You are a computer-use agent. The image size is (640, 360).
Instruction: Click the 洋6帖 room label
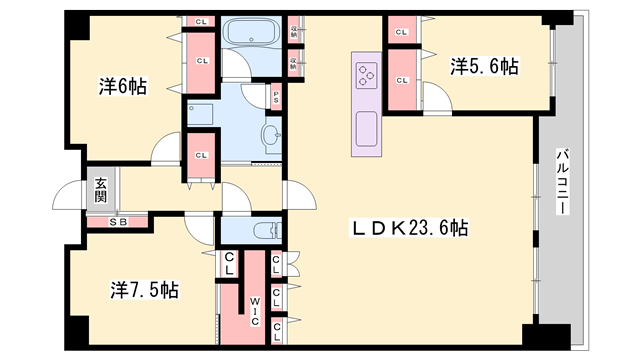[x=123, y=86]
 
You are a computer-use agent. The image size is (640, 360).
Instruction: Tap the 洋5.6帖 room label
[x=484, y=66]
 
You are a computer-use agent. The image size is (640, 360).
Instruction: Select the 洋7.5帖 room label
[x=144, y=290]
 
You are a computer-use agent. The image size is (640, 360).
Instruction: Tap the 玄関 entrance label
[x=102, y=190]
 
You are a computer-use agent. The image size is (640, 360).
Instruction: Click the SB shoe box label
[x=118, y=222]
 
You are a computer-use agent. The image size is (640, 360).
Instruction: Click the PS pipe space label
[x=276, y=97]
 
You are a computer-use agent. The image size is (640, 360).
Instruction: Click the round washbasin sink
[x=271, y=135]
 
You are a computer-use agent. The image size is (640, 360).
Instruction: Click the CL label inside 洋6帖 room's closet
[x=202, y=61]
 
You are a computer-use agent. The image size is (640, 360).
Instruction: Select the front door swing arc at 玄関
[x=65, y=195]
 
